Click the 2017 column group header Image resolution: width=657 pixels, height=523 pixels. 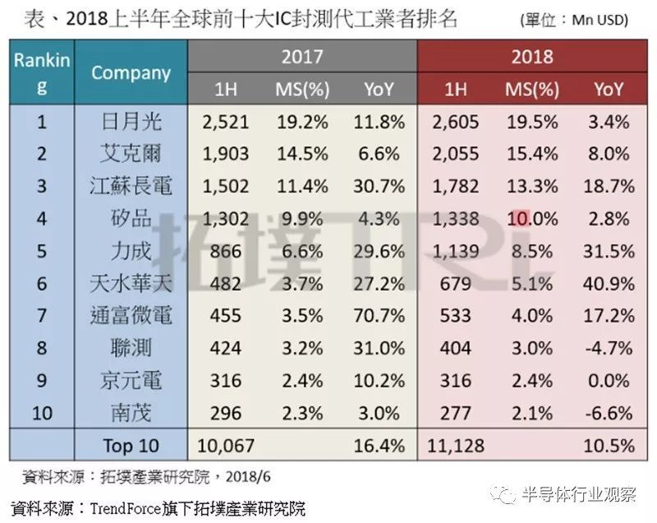[x=302, y=57]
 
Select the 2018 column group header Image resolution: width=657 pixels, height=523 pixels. [x=532, y=57]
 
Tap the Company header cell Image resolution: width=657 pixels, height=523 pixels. [x=131, y=72]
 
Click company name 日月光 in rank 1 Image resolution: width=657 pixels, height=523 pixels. [x=131, y=123]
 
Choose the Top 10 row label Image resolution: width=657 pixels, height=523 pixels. [x=131, y=446]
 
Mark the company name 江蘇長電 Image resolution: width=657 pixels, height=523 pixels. [x=131, y=185]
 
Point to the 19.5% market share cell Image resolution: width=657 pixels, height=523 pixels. [x=531, y=123]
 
